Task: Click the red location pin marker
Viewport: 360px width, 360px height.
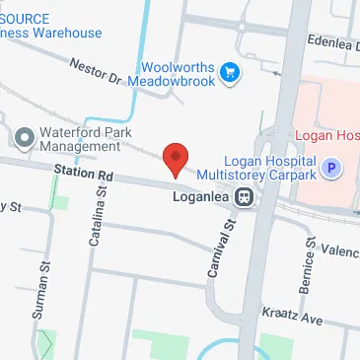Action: tap(175, 158)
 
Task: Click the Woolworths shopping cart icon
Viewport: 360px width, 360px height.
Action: tap(230, 72)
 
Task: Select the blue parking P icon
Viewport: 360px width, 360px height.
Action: tap(332, 169)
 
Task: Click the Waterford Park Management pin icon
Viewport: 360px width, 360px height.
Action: tap(24, 134)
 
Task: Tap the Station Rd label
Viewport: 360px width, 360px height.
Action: tap(85, 174)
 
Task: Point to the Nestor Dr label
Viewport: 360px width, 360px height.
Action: tap(97, 71)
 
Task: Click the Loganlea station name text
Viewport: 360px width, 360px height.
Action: tap(201, 195)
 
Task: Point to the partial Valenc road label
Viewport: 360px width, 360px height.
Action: tap(341, 252)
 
